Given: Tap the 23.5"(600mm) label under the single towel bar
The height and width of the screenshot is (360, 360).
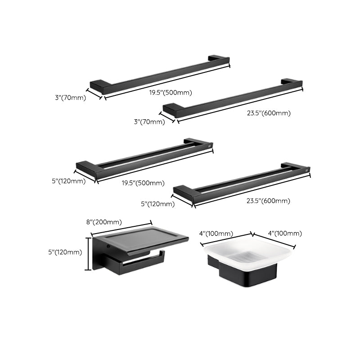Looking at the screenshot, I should [269, 113].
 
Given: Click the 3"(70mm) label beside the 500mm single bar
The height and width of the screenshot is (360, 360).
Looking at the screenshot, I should [69, 97].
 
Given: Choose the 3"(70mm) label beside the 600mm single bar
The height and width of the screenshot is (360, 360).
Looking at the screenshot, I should [149, 121].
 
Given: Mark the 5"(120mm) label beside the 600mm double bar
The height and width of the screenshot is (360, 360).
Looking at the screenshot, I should [157, 204].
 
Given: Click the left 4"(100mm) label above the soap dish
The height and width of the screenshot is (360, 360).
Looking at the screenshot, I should [216, 233].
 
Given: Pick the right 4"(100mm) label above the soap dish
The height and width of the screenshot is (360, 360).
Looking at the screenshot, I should [284, 233].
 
